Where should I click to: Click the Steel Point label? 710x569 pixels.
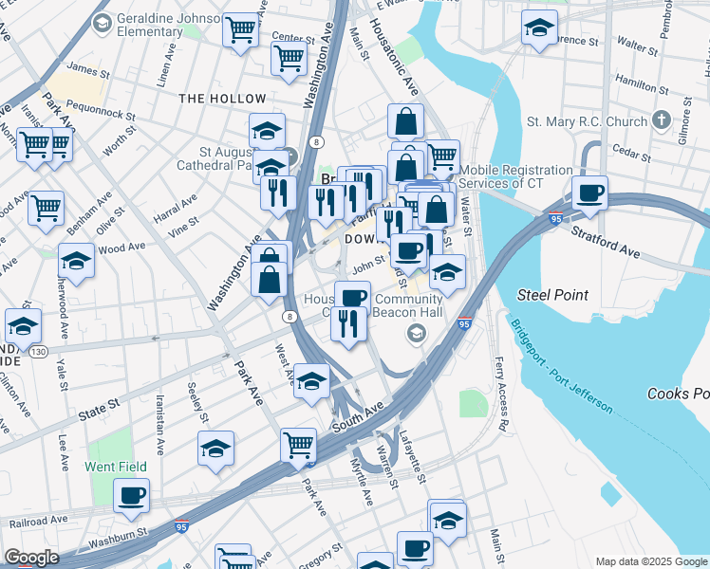tap(552, 295)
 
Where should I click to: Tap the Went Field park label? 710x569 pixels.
tap(116, 467)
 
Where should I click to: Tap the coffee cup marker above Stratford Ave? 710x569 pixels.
tap(589, 193)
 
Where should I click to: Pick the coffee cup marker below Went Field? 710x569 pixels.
tap(131, 495)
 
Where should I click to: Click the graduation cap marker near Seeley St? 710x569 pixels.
tap(215, 448)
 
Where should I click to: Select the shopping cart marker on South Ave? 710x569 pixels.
tap(298, 444)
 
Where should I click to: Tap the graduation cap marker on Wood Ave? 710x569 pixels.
tap(76, 261)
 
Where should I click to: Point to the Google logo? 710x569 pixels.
tap(31, 558)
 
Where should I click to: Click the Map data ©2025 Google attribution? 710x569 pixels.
tap(650, 561)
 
